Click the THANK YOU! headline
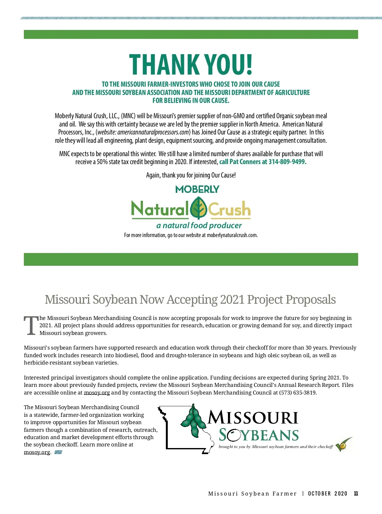tap(191, 65)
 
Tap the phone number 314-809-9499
tap(287, 162)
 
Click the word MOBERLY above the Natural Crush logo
tap(197, 189)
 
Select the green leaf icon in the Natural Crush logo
tap(199, 208)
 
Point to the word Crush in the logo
tap(229, 209)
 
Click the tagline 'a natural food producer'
tap(199, 226)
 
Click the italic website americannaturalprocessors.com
tap(153, 132)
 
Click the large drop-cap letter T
tap(31, 326)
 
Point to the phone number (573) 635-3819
tap(297, 393)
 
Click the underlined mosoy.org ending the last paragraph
tap(37, 452)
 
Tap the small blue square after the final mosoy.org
tap(58, 452)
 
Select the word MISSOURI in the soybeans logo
tap(253, 418)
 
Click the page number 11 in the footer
tap(356, 494)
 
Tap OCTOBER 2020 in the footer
tap(328, 494)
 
